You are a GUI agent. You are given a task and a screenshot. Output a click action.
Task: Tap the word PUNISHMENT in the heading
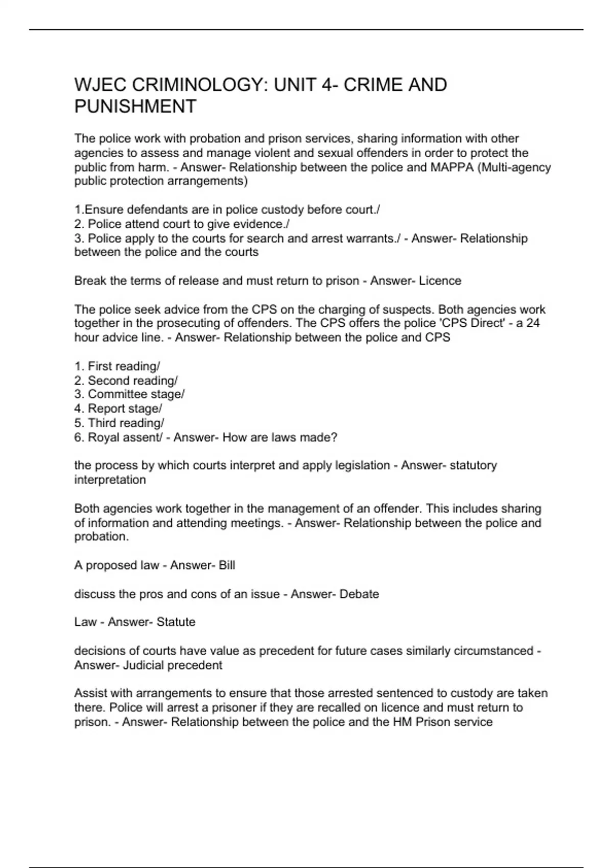(x=135, y=107)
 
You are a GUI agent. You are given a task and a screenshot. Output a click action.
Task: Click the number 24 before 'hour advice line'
(x=533, y=323)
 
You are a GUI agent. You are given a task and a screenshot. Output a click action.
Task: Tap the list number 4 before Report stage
(x=78, y=408)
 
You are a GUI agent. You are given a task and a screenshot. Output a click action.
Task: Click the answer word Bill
(x=227, y=565)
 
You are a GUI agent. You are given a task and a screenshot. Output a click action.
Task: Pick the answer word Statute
(x=176, y=622)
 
